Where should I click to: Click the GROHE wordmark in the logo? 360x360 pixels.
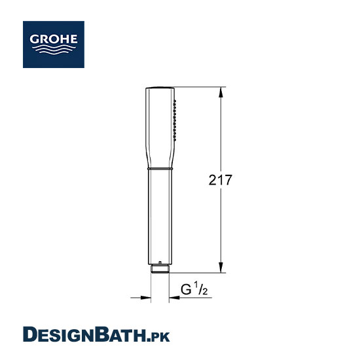coord(54,39)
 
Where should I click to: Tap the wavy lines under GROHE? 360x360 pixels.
coord(54,49)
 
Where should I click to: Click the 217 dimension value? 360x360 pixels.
coord(220,180)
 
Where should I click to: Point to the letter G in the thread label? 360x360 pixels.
coord(186,289)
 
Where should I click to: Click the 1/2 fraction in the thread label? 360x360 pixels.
coord(201,289)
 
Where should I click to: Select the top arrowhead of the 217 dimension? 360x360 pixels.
coord(221,92)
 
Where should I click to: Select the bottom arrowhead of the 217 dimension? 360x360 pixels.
coord(221,268)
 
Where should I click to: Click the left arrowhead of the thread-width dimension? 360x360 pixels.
coord(145,298)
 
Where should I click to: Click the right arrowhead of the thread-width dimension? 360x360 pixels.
coord(175,298)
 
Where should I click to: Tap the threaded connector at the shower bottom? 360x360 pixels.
coord(160,269)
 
